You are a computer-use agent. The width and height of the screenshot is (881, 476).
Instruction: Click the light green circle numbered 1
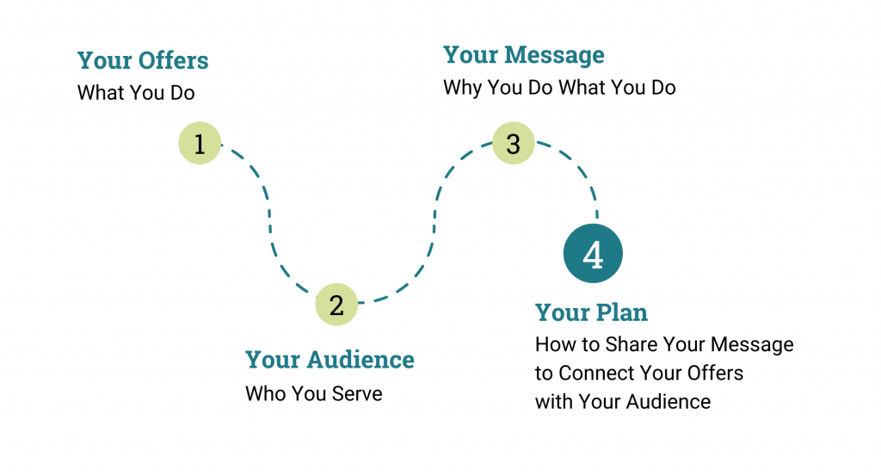(x=200, y=143)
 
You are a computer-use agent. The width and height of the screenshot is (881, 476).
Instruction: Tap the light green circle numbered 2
(x=336, y=304)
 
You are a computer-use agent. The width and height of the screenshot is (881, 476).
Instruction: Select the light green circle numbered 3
(x=513, y=143)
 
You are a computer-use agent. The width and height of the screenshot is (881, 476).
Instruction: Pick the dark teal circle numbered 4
(x=593, y=253)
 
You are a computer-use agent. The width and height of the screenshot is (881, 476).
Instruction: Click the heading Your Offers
(x=143, y=61)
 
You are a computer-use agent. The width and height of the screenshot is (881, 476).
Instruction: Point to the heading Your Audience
(x=330, y=360)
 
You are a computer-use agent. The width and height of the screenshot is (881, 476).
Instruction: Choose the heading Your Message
(x=524, y=55)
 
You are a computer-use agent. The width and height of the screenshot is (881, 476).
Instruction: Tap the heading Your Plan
(x=591, y=312)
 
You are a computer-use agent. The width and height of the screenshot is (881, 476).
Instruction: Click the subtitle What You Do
(x=136, y=93)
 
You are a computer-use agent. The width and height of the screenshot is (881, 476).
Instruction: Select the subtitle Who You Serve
(x=313, y=393)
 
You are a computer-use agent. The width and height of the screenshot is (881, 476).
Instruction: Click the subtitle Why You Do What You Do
(x=559, y=88)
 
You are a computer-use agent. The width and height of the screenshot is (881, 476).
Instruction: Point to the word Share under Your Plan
(x=634, y=344)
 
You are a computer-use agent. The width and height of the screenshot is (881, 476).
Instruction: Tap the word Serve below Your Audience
(x=357, y=393)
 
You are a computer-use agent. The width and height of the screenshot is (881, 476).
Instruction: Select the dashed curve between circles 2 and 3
(x=434, y=224)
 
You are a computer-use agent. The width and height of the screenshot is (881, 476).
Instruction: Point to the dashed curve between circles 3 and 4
(x=580, y=168)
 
